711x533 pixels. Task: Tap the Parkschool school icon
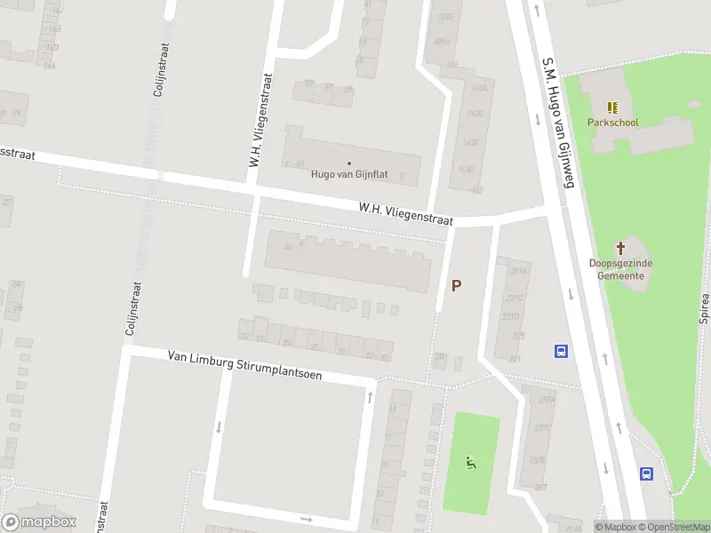612,107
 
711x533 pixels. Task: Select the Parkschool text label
612,123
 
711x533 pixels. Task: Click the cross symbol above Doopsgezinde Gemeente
621,248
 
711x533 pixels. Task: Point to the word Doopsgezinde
621,264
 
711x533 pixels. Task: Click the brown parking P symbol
457,285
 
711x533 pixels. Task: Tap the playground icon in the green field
471,462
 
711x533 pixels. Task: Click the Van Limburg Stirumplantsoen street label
245,365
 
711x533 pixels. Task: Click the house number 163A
479,88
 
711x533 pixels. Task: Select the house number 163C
475,114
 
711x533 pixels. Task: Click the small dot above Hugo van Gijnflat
349,163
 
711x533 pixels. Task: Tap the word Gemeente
621,275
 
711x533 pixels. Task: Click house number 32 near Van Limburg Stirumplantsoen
244,336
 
